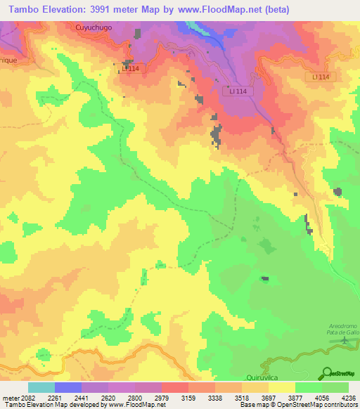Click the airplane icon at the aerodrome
coord(344,340)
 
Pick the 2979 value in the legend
coord(162,397)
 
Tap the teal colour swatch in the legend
coord(41,387)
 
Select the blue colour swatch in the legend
coord(68,387)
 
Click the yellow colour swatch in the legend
coord(281,387)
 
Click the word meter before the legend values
coord(11,397)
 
